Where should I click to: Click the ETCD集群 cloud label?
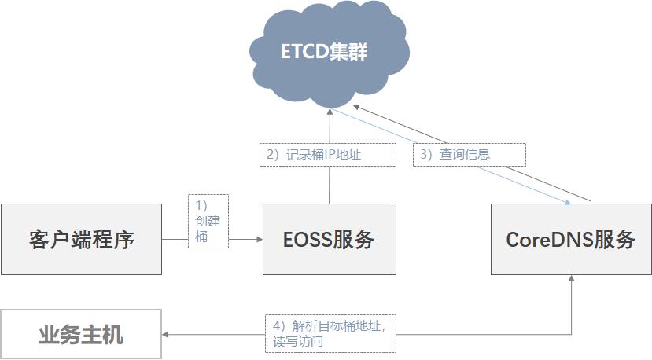(324, 52)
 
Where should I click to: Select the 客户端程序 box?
(82, 239)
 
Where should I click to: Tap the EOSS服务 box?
(330, 239)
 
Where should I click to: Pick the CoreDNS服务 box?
(571, 239)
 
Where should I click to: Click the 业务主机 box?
(81, 334)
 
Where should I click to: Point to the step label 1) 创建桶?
(208, 221)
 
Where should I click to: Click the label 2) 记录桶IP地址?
(328, 155)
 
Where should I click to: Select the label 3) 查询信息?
(469, 155)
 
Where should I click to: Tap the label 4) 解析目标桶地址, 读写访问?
(330, 334)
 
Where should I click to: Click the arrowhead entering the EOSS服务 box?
(260, 239)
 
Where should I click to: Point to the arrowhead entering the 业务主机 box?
(164, 334)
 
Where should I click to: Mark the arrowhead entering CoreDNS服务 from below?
(571, 278)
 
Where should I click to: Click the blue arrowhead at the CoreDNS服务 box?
(568, 203)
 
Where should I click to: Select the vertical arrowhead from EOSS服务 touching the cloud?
(330, 112)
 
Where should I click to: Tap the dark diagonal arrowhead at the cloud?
(356, 107)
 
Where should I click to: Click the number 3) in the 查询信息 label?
(426, 155)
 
